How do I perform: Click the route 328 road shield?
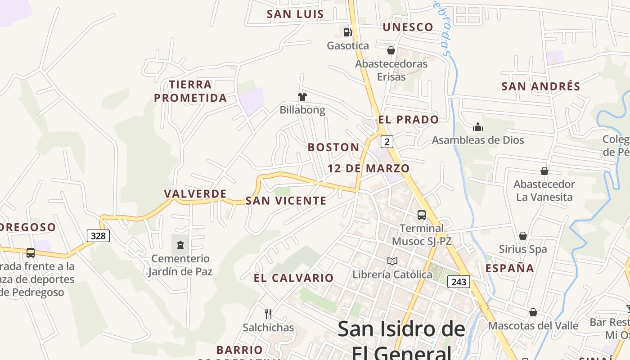pos(98,236)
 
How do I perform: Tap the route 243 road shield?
pos(459,282)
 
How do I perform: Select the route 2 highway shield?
pos(387,142)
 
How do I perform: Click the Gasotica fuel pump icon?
pos(347,32)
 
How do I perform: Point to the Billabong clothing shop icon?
pos(302,96)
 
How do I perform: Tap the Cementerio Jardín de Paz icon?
pos(180,245)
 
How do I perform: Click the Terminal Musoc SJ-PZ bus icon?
pos(422,215)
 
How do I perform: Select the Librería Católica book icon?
pos(392,261)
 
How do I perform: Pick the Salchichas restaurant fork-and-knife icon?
pos(268,314)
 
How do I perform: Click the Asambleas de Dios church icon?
pos(478,127)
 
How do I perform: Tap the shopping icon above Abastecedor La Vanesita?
pos(544,171)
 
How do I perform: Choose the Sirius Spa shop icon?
pos(523,236)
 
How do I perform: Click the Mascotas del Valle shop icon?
pos(533,312)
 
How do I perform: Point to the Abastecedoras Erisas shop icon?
pos(391,50)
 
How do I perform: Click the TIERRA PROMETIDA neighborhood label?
pos(190,91)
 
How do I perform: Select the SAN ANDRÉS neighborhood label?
pos(541,86)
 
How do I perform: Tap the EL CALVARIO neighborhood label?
pos(294,278)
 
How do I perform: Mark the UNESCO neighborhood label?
pos(408,27)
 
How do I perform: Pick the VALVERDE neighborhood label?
pos(195,194)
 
